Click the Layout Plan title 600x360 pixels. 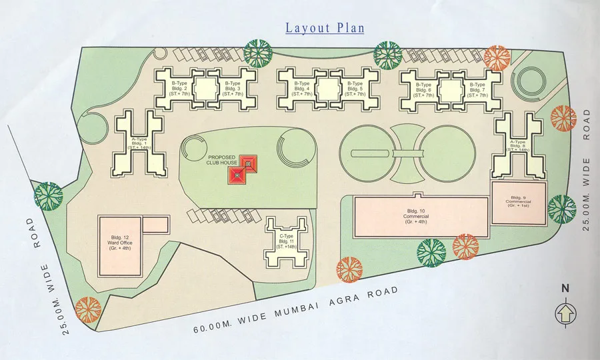tap(325, 28)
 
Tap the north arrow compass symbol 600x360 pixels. tap(565, 311)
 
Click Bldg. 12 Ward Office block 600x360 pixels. tap(121, 245)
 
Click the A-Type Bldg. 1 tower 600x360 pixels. tap(139, 143)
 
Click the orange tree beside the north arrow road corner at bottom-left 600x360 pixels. tap(88, 310)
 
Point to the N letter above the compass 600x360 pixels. tap(565, 289)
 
